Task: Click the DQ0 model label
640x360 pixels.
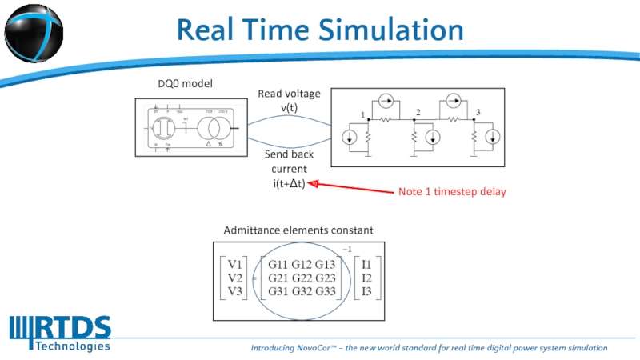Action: point(185,82)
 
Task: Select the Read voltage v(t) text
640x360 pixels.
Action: point(289,101)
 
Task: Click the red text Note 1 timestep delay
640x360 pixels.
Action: point(452,192)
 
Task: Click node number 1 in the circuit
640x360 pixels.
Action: point(363,114)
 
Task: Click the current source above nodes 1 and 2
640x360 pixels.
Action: point(386,102)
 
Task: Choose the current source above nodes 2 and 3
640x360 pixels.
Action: point(451,102)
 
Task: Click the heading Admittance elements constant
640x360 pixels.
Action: point(298,230)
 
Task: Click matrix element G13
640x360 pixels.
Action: point(325,264)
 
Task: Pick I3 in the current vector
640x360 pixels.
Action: point(367,291)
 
